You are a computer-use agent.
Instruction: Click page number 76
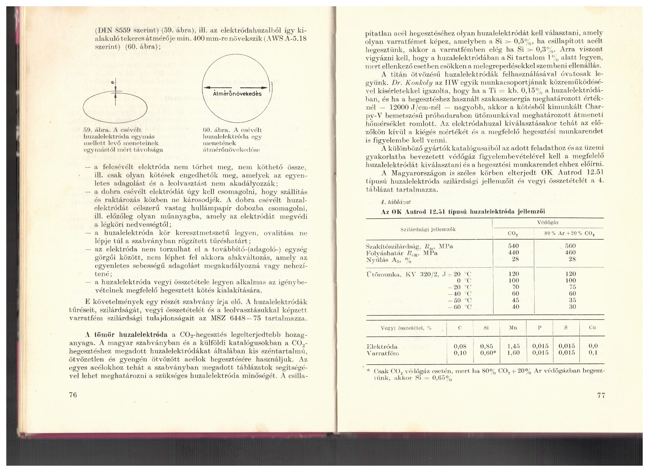(x=73, y=395)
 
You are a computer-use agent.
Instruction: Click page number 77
(x=601, y=395)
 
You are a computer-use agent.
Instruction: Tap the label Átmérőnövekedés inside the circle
(x=237, y=94)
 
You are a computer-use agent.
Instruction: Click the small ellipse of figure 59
(x=115, y=108)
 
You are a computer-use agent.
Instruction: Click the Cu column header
(x=593, y=328)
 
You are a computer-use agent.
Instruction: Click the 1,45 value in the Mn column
(x=514, y=346)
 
